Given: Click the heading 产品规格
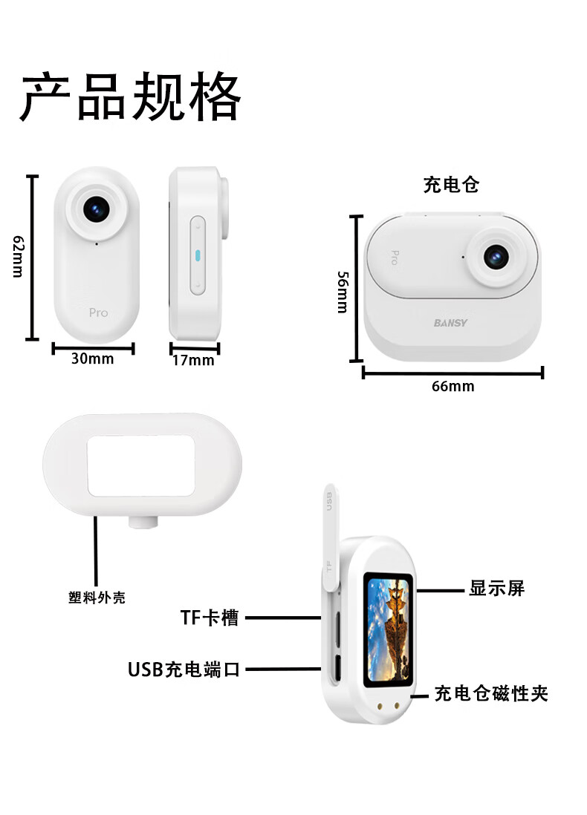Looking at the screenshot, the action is click(130, 96).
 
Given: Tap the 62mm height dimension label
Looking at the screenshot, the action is click(19, 256).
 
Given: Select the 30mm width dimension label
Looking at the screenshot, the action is click(92, 359).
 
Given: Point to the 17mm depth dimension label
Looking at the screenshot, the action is click(192, 361).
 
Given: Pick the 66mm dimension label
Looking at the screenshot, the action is click(453, 386).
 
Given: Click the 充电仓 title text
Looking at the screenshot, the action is click(451, 185).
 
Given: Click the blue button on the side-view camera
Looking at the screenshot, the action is click(198, 255).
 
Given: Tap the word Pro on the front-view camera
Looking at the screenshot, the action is click(98, 312).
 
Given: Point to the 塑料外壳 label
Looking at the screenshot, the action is click(97, 598).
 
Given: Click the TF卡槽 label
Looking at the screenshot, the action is click(210, 617).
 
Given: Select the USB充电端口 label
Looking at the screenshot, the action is click(184, 670).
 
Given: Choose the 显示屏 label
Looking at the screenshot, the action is click(496, 589).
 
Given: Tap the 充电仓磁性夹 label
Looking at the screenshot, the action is click(491, 694).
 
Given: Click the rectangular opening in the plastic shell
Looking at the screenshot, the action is click(141, 466).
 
